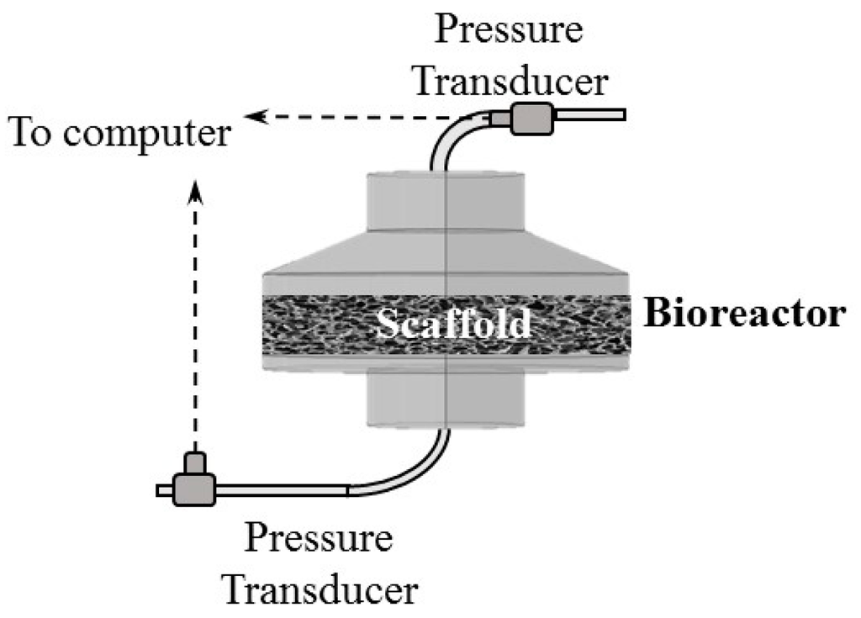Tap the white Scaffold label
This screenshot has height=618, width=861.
tap(453, 323)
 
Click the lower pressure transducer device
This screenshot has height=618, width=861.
tap(194, 488)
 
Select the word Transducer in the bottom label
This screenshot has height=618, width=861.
tap(320, 589)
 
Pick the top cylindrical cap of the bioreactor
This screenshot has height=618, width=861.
tap(446, 202)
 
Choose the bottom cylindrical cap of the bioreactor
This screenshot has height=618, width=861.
tap(446, 399)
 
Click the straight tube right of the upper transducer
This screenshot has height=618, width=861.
tap(589, 114)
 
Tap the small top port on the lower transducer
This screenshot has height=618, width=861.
tap(195, 462)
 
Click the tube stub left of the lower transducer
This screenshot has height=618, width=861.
tap(164, 490)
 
